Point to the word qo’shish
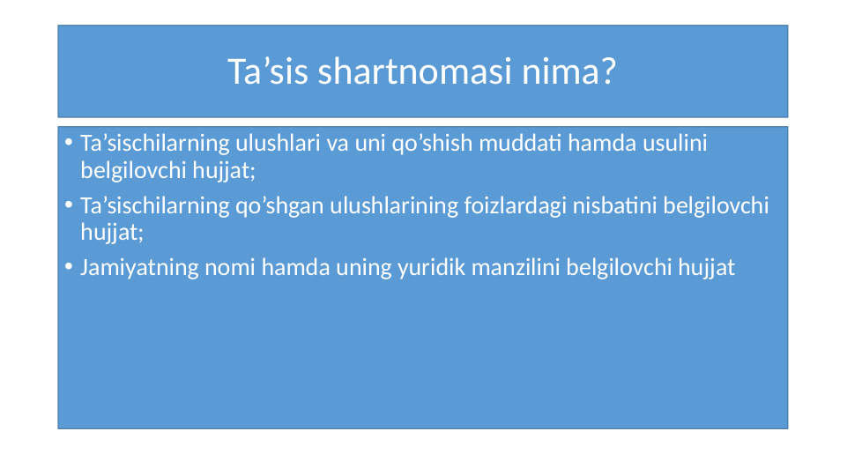coord(435,143)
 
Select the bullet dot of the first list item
coord(69,144)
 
